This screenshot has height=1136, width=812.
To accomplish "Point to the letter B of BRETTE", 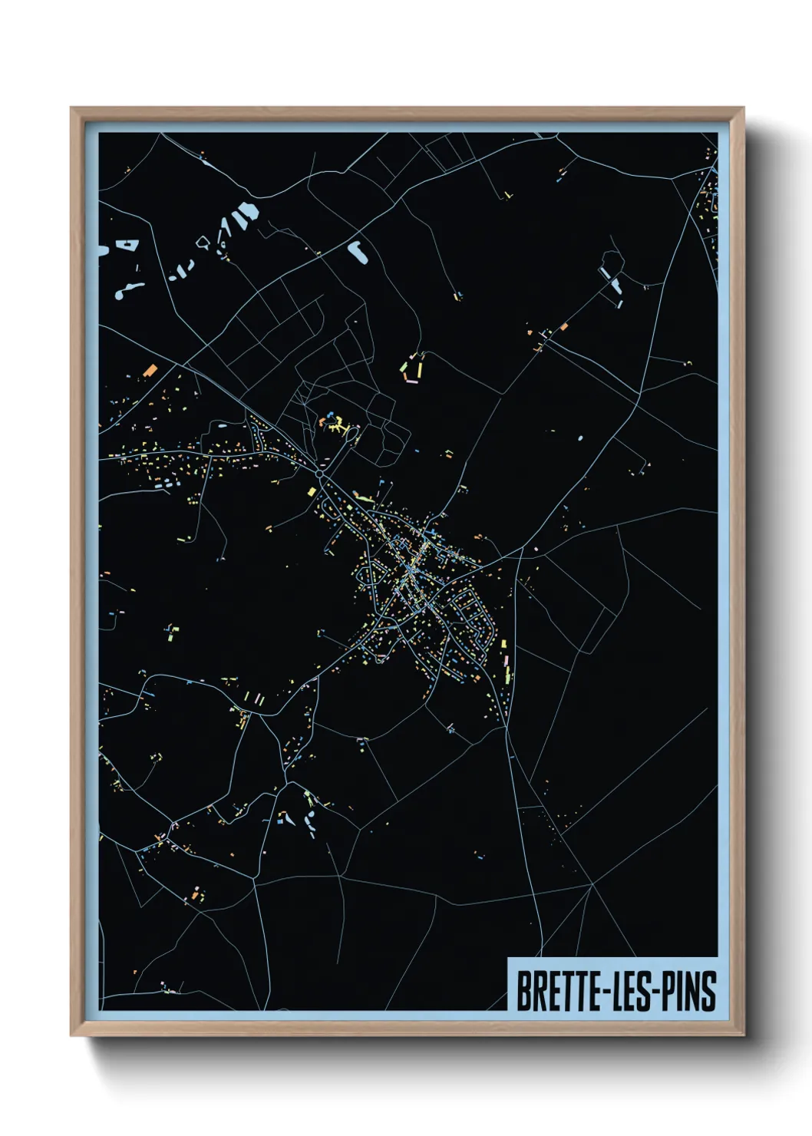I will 523,991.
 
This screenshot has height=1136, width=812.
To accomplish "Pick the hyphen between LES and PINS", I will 656,992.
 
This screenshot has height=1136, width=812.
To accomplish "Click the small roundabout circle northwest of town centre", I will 319,475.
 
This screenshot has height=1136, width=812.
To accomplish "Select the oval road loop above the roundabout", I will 352,436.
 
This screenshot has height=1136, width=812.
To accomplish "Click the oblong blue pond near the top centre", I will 358,253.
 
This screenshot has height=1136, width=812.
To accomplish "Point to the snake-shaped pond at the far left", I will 128,291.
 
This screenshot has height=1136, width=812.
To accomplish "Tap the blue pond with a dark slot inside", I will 127,246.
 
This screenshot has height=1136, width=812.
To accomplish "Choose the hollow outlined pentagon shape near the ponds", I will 203,243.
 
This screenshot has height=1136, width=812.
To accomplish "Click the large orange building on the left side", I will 150,371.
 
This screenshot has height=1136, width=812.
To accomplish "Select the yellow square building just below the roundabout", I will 312,491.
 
